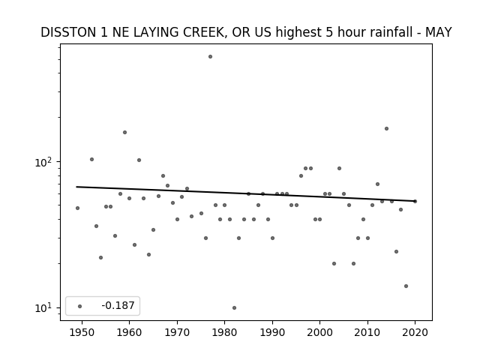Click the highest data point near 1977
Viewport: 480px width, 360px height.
pyautogui.click(x=210, y=57)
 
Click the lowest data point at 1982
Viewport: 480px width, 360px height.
pyautogui.click(x=234, y=308)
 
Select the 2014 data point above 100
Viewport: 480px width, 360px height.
pyautogui.click(x=387, y=128)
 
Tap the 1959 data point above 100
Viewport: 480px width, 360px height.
pyautogui.click(x=125, y=132)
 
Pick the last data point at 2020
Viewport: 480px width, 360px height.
pyautogui.click(x=415, y=201)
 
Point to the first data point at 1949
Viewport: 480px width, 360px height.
pyautogui.click(x=77, y=208)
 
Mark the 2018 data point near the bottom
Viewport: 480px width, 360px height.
pyautogui.click(x=406, y=286)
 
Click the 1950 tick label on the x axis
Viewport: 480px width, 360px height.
pyautogui.click(x=82, y=332)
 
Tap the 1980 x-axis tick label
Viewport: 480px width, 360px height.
pyautogui.click(x=224, y=332)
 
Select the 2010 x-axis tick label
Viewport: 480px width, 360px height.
pyautogui.click(x=367, y=332)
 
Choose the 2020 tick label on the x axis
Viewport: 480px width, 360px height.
pyautogui.click(x=415, y=332)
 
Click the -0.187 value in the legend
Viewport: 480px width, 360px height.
pyautogui.click(x=118, y=305)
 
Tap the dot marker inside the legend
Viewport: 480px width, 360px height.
pyautogui.click(x=79, y=306)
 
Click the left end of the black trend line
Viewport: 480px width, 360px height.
pyautogui.click(x=76, y=187)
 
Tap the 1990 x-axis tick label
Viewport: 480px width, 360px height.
pyautogui.click(x=272, y=332)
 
